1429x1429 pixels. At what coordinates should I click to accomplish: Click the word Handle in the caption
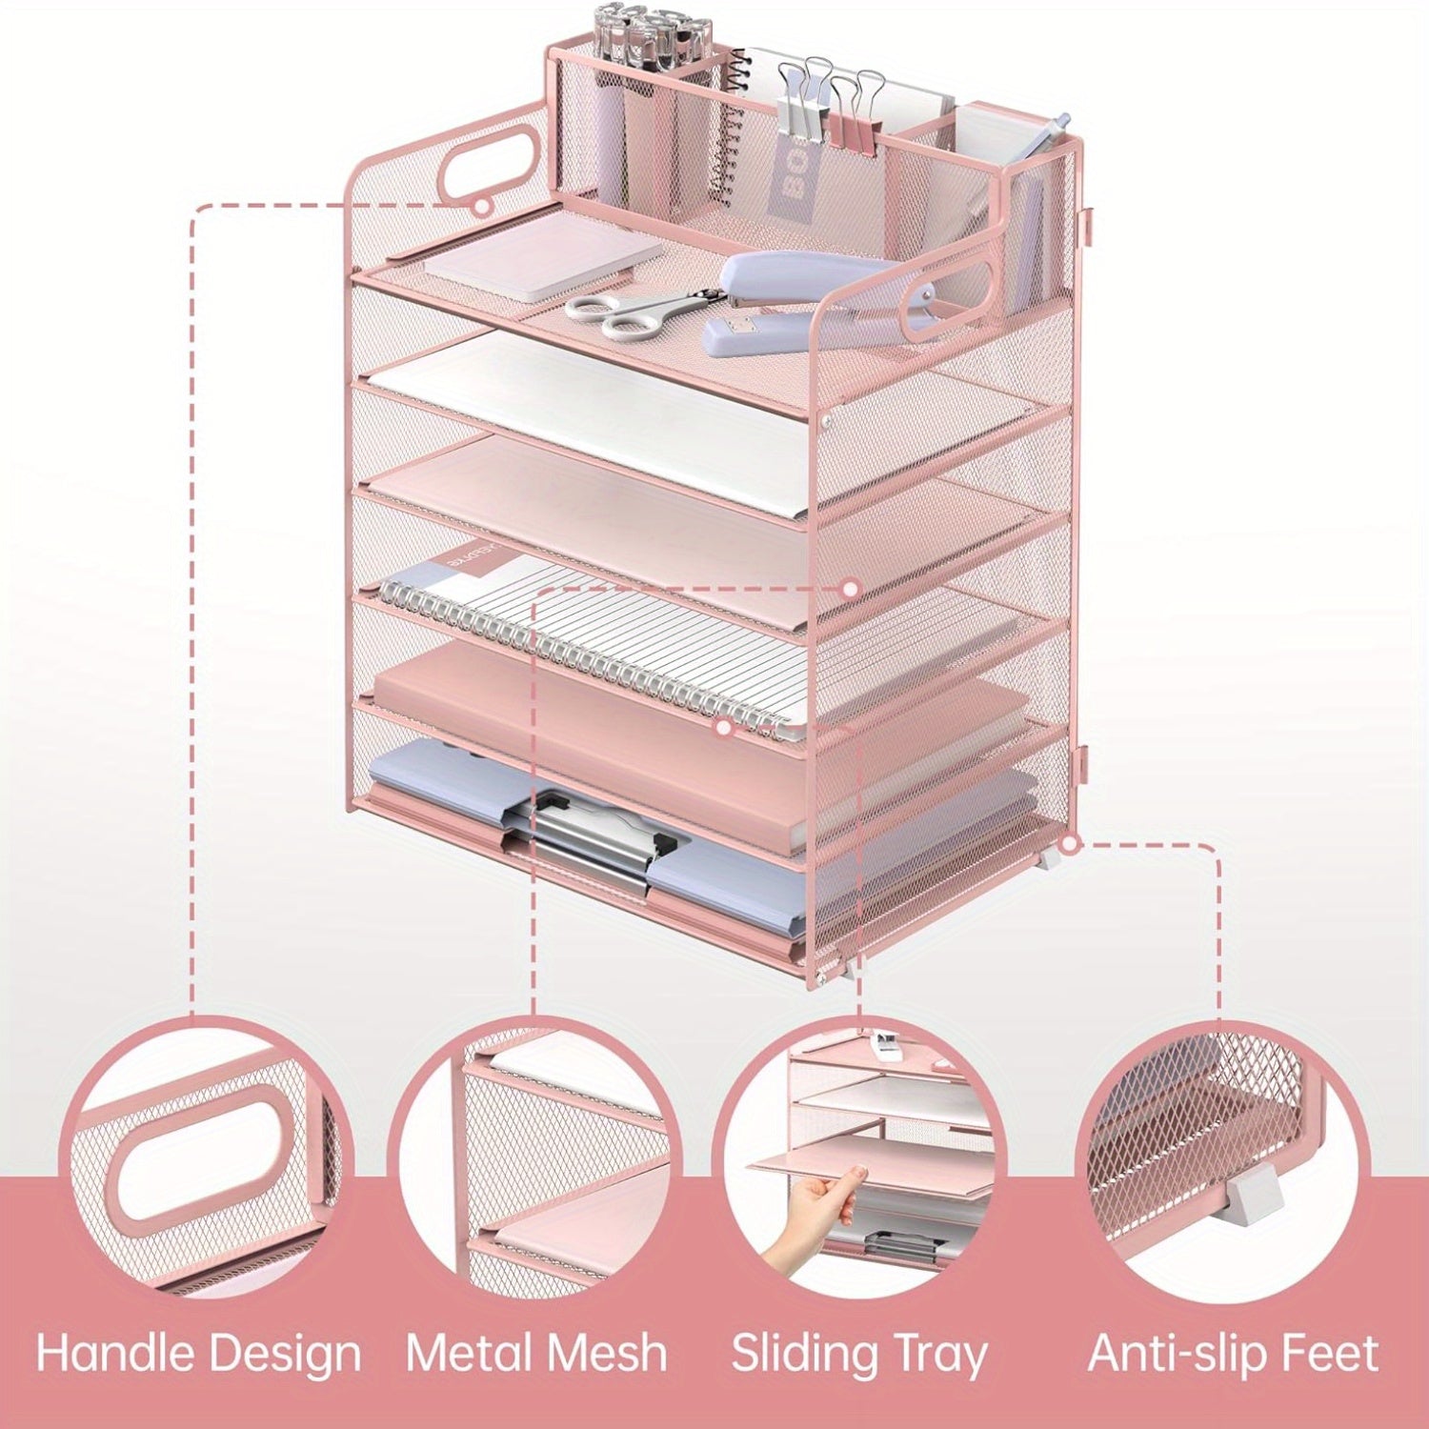[116, 1353]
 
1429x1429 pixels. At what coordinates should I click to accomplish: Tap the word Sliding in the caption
[802, 1353]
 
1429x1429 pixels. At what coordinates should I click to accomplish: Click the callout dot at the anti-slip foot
[1070, 844]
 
